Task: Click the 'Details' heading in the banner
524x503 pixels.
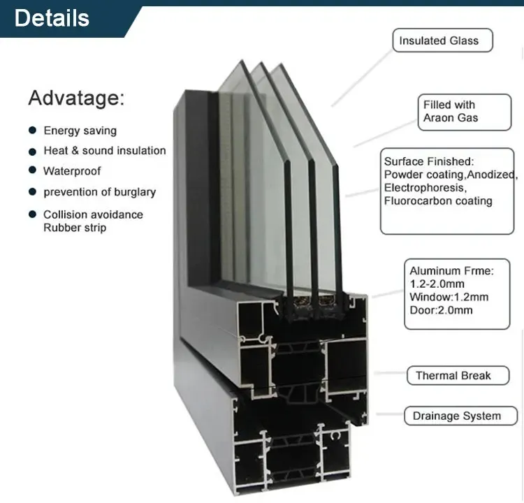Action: tap(52, 18)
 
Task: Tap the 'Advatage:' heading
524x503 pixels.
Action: tap(76, 98)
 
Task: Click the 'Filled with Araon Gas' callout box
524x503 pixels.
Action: tap(465, 112)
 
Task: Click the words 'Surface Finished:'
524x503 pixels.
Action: tap(429, 161)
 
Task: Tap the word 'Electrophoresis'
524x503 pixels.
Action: tap(424, 188)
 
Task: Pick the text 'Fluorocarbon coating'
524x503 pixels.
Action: tap(438, 201)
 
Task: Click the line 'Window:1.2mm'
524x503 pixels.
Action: tap(449, 297)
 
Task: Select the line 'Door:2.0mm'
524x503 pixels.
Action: tap(441, 310)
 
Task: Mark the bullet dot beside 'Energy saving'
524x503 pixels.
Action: tap(32, 130)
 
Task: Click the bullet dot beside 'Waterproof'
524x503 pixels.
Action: tap(32, 170)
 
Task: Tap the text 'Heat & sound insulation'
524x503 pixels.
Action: tap(105, 151)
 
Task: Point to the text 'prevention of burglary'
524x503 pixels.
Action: tap(100, 192)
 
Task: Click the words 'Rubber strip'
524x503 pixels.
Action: tap(75, 228)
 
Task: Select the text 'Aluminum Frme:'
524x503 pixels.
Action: tap(451, 270)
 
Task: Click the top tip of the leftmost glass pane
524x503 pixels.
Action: tap(242, 60)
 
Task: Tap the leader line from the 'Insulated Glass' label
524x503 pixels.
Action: tap(362, 79)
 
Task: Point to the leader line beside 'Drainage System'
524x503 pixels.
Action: tap(390, 414)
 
